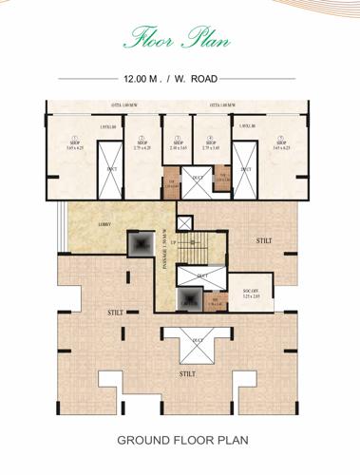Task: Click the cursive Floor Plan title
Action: click(x=180, y=38)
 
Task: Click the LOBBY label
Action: click(x=105, y=225)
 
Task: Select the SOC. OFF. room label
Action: click(x=252, y=294)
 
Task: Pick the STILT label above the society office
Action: click(x=263, y=241)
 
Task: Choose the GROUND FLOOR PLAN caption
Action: click(x=180, y=442)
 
